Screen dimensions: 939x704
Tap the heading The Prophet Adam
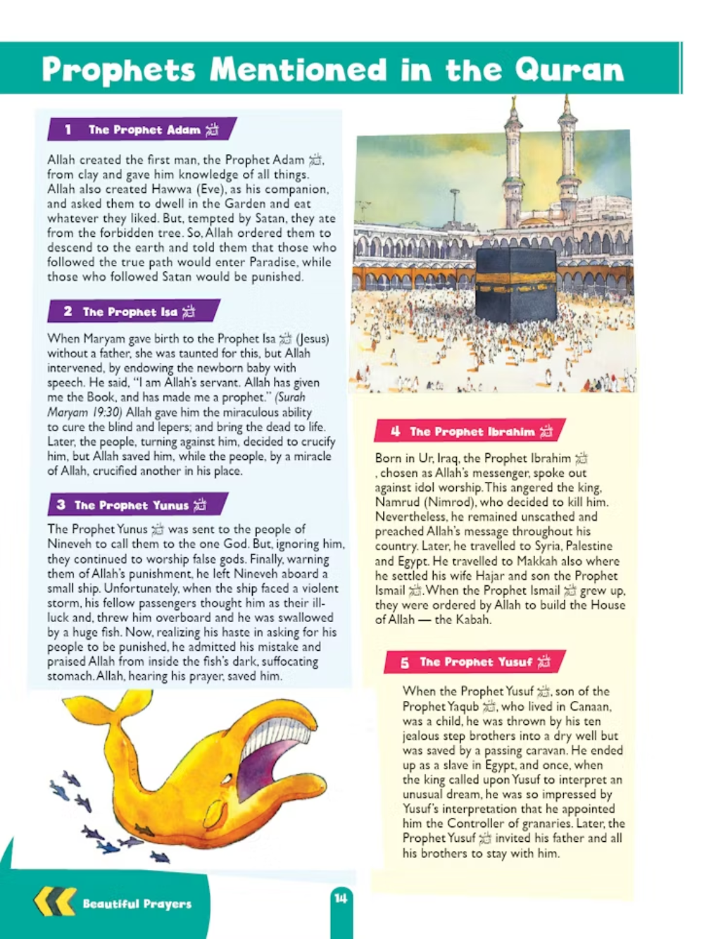point(144,130)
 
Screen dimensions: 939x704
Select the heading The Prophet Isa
point(130,311)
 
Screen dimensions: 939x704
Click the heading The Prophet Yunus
point(132,505)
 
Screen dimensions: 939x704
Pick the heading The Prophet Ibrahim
point(472,431)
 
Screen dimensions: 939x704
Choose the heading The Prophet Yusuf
point(476,662)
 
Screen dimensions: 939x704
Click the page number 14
point(341,898)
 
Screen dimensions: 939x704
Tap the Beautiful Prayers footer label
point(137,904)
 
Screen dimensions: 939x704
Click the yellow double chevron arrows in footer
point(54,902)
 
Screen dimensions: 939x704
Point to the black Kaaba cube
point(517,283)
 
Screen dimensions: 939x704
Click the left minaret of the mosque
point(513,162)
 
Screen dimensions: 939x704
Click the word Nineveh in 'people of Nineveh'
point(73,544)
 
